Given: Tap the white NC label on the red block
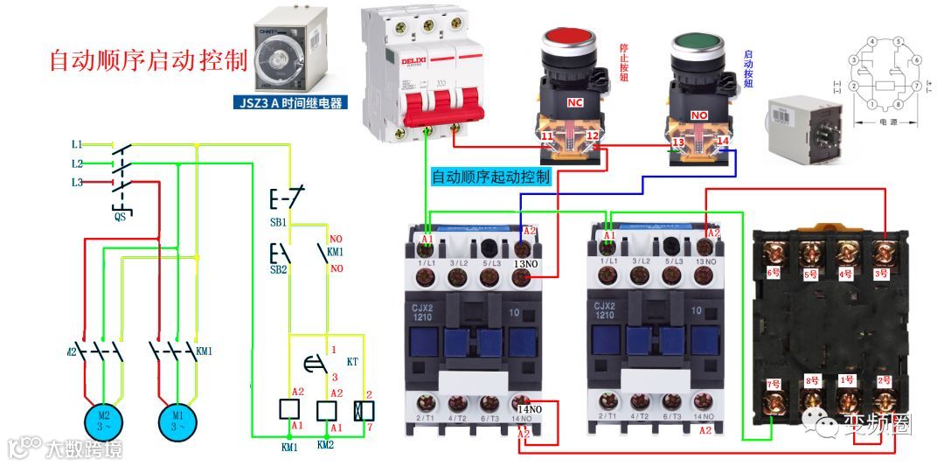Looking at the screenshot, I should click(574, 102).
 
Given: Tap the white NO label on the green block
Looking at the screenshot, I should click(699, 115).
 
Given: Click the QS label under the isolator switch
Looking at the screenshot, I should click(120, 215).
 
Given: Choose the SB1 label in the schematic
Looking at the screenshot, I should click(278, 223).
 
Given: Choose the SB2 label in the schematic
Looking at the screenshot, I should click(278, 269).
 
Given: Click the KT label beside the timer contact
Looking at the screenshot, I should click(353, 360).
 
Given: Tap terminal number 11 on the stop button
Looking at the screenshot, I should click(546, 138).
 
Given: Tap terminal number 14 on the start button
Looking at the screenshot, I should click(722, 140).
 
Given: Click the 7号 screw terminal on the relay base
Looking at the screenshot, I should click(773, 401).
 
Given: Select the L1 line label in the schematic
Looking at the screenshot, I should click(77, 143).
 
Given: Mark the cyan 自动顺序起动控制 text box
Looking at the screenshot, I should click(491, 177).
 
